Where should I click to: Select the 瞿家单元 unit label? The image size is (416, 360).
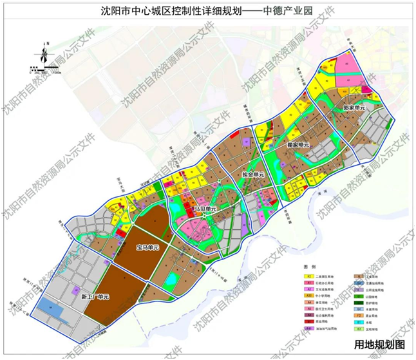298,146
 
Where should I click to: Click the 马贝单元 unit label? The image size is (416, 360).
204,209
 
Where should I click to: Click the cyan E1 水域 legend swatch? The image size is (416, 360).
356,323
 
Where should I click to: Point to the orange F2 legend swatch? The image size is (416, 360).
356,315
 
